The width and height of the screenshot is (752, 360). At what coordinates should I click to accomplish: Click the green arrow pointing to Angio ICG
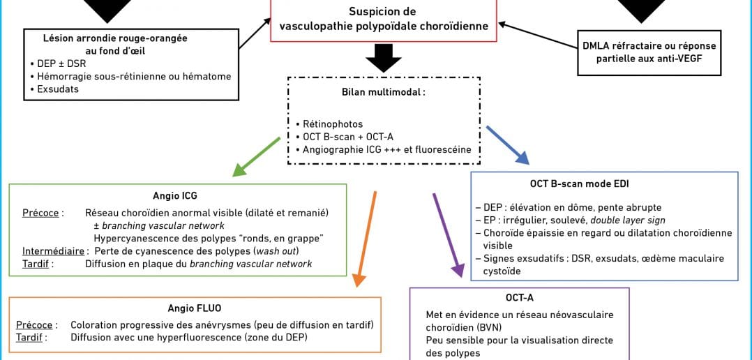pos(257,157)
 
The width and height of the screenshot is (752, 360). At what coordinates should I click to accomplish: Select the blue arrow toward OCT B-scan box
pos(507,145)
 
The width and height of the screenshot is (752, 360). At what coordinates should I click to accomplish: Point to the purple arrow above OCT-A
pos(447,235)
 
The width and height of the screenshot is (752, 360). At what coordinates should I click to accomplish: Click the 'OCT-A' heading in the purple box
pos(520,298)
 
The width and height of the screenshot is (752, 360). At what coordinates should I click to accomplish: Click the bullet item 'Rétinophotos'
pos(327,124)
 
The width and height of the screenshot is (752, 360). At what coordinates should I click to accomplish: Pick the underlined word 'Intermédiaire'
pos(53,251)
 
